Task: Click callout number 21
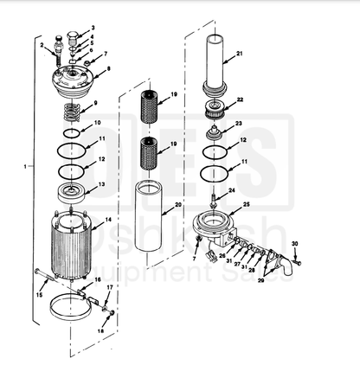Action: tap(239, 54)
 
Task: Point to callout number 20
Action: tap(178, 205)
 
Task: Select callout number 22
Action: tap(240, 99)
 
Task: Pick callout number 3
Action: tap(93, 29)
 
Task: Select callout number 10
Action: tap(97, 123)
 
